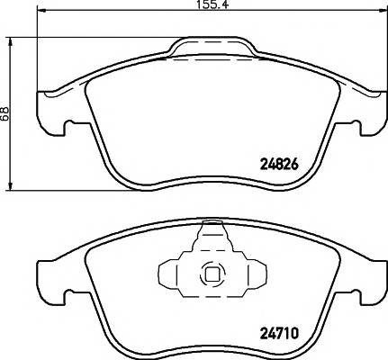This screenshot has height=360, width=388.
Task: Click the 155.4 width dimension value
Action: click(212, 4)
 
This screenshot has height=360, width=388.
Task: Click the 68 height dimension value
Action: click(5, 113)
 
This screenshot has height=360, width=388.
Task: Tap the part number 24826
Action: click(279, 164)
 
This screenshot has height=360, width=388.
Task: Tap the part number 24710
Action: click(279, 333)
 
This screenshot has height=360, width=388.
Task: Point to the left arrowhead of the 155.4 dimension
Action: click(41, 12)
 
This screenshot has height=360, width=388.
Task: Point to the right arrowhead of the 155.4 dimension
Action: click(383, 12)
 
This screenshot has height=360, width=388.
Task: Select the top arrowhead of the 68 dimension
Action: click(11, 42)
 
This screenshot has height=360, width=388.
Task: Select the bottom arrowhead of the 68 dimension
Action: click(11, 185)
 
